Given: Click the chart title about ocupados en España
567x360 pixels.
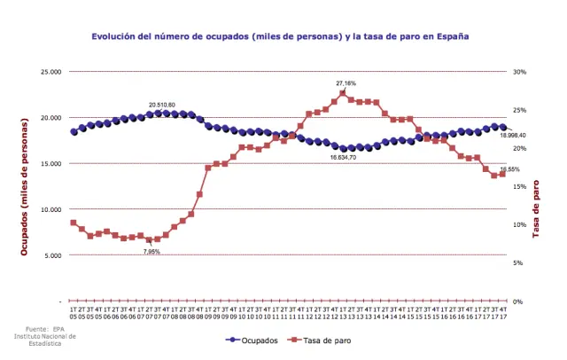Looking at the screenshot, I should (280, 37).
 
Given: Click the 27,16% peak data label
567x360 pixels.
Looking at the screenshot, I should (346, 82).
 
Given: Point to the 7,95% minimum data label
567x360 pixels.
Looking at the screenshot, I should (151, 252).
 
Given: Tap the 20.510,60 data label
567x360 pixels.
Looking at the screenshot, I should (161, 105).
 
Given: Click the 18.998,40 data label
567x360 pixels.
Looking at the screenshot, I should (512, 135).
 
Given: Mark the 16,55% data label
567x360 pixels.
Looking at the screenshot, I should (509, 168).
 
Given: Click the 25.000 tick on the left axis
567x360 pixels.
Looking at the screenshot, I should (50, 72).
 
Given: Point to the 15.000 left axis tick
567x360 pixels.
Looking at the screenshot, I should (50, 163).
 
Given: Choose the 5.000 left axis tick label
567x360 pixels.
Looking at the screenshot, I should (53, 255).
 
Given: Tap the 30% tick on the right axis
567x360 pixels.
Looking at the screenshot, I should (520, 72).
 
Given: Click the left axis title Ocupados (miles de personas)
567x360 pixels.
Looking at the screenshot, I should (25, 186).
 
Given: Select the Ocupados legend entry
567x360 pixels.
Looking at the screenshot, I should (255, 340).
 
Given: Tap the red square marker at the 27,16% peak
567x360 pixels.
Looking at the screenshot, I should (343, 92).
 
